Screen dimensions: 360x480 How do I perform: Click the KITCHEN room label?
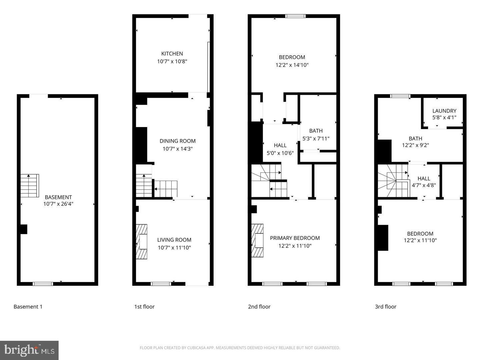[172, 54]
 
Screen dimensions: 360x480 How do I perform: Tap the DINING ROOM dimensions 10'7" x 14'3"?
[178, 149]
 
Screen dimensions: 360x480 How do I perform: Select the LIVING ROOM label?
[174, 240]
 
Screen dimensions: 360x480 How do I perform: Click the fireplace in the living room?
[142, 242]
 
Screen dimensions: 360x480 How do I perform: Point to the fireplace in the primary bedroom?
[257, 240]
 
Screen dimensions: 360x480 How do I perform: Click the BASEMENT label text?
[58, 197]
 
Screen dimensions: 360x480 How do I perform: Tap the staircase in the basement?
[30, 186]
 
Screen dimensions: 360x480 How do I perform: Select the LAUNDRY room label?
[444, 111]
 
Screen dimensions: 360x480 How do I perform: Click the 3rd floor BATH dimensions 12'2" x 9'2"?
[415, 145]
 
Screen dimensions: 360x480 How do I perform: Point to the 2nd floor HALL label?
[280, 145]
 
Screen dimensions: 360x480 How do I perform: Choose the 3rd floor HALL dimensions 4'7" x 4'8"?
[424, 185]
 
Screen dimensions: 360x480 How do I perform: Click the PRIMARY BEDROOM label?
[295, 238]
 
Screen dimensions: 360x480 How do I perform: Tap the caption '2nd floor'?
[259, 307]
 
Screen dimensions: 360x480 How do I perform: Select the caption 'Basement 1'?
[28, 307]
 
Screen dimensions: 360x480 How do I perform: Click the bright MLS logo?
[29, 350]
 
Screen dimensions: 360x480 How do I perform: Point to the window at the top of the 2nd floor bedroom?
[295, 16]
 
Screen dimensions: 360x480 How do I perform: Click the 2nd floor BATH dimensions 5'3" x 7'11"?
[316, 139]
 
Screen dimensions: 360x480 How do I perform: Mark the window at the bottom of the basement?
[43, 284]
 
